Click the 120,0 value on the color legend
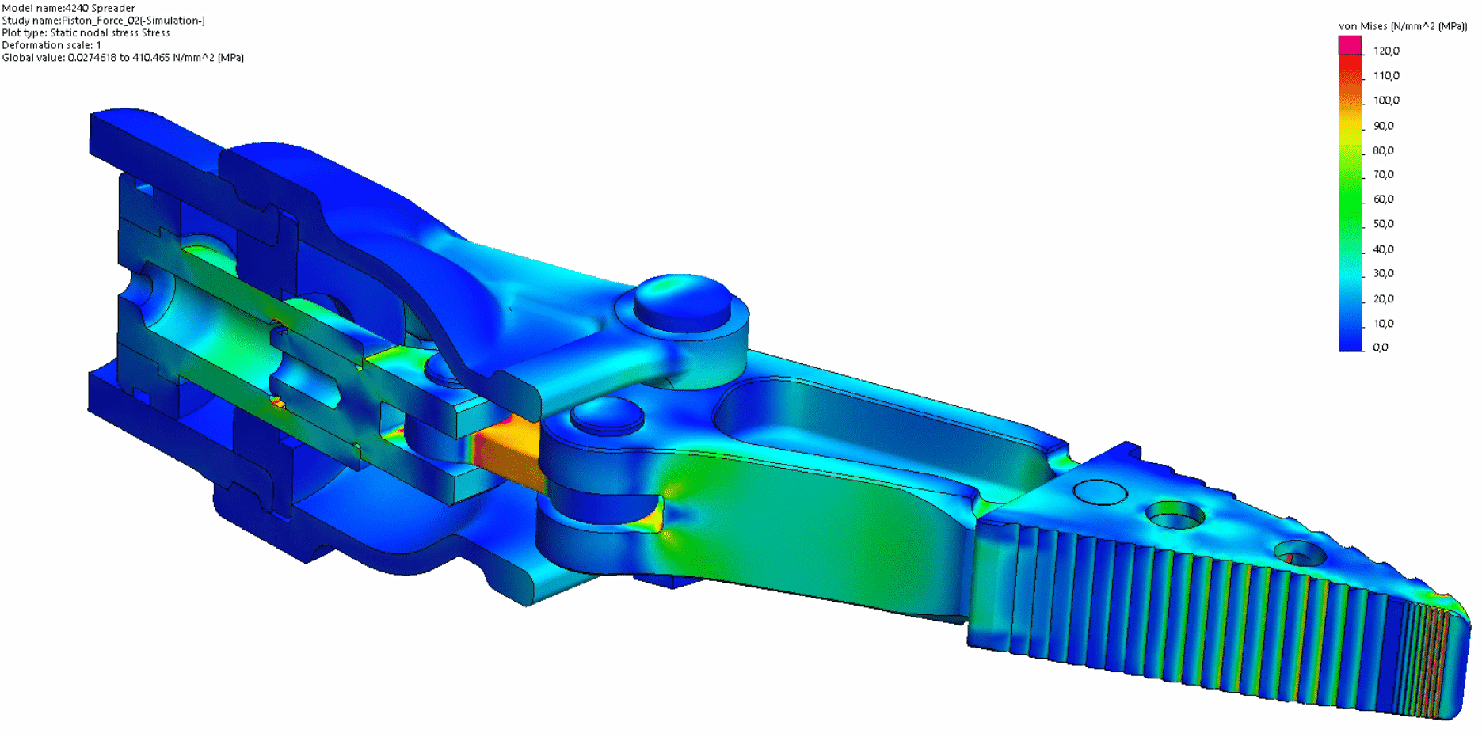[x=1386, y=51]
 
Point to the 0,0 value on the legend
[x=1380, y=348]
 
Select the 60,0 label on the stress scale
[x=1383, y=199]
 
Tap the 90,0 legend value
[x=1383, y=126]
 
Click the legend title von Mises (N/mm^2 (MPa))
[x=1402, y=26]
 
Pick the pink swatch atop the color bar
[x=1350, y=45]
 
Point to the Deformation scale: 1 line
[x=51, y=45]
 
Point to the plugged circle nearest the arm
[x=1100, y=492]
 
